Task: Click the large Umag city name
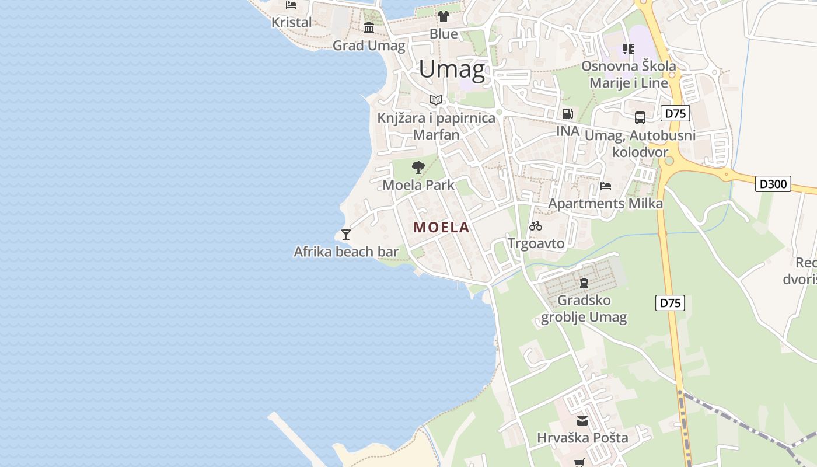pyautogui.click(x=452, y=70)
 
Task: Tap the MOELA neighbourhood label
pyautogui.click(x=441, y=228)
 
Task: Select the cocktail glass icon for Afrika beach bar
pyautogui.click(x=346, y=235)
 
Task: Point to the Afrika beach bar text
pyautogui.click(x=346, y=252)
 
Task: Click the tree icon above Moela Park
pyautogui.click(x=418, y=168)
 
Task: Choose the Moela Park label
pyautogui.click(x=418, y=185)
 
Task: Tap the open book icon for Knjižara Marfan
pyautogui.click(x=436, y=100)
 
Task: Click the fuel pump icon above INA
pyautogui.click(x=567, y=114)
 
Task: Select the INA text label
pyautogui.click(x=567, y=131)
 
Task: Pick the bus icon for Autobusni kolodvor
pyautogui.click(x=640, y=118)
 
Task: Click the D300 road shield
pyautogui.click(x=773, y=184)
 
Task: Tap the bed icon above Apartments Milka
pyautogui.click(x=606, y=187)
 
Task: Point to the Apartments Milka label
pyautogui.click(x=605, y=204)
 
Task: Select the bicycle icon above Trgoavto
pyautogui.click(x=536, y=226)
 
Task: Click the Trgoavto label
pyautogui.click(x=536, y=243)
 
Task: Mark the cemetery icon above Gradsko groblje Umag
pyautogui.click(x=584, y=283)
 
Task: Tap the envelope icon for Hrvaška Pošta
pyautogui.click(x=582, y=421)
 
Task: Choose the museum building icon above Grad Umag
pyautogui.click(x=369, y=28)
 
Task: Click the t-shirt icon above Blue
pyautogui.click(x=444, y=16)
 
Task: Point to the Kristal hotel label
pyautogui.click(x=292, y=22)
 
